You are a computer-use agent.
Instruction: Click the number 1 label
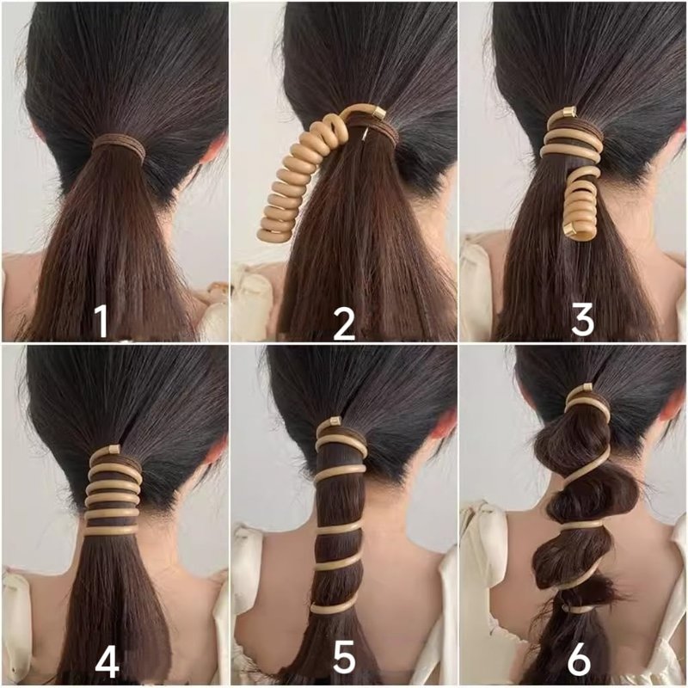101,321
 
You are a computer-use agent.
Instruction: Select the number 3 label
583,319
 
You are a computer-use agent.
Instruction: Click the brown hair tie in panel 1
118,146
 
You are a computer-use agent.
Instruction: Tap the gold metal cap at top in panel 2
378,113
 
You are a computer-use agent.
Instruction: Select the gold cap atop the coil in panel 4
114,449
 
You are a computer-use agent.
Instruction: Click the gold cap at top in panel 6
587,388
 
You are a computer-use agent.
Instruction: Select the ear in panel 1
218,150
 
